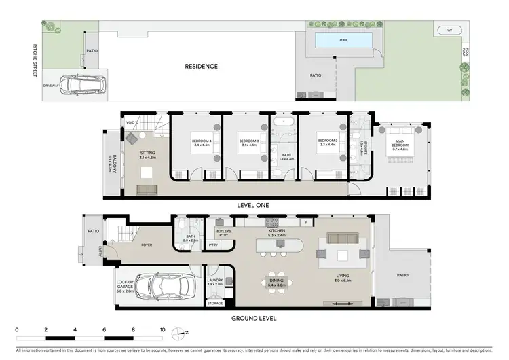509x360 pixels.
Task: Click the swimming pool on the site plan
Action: click(x=343, y=41)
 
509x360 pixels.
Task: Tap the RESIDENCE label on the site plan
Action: click(x=202, y=66)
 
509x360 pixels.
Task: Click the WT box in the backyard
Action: click(x=449, y=31)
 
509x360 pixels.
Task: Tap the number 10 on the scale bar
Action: click(x=162, y=330)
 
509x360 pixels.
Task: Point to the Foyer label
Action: click(x=146, y=245)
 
